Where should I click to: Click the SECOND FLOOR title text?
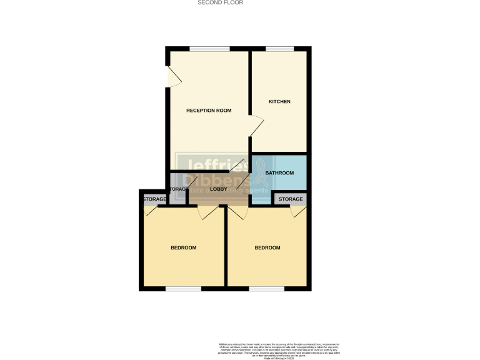221,2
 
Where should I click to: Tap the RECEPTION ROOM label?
209,111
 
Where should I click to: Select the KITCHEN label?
279,102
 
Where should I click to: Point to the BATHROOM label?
279,173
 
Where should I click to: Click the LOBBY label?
219,189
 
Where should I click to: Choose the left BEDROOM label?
184,248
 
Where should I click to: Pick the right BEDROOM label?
267,248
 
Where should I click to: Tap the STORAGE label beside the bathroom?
291,199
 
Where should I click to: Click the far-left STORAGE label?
154,199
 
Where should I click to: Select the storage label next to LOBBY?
177,189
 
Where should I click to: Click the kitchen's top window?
279,49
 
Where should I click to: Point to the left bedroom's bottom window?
184,289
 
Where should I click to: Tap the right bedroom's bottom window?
267,289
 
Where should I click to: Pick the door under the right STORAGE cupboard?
298,212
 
